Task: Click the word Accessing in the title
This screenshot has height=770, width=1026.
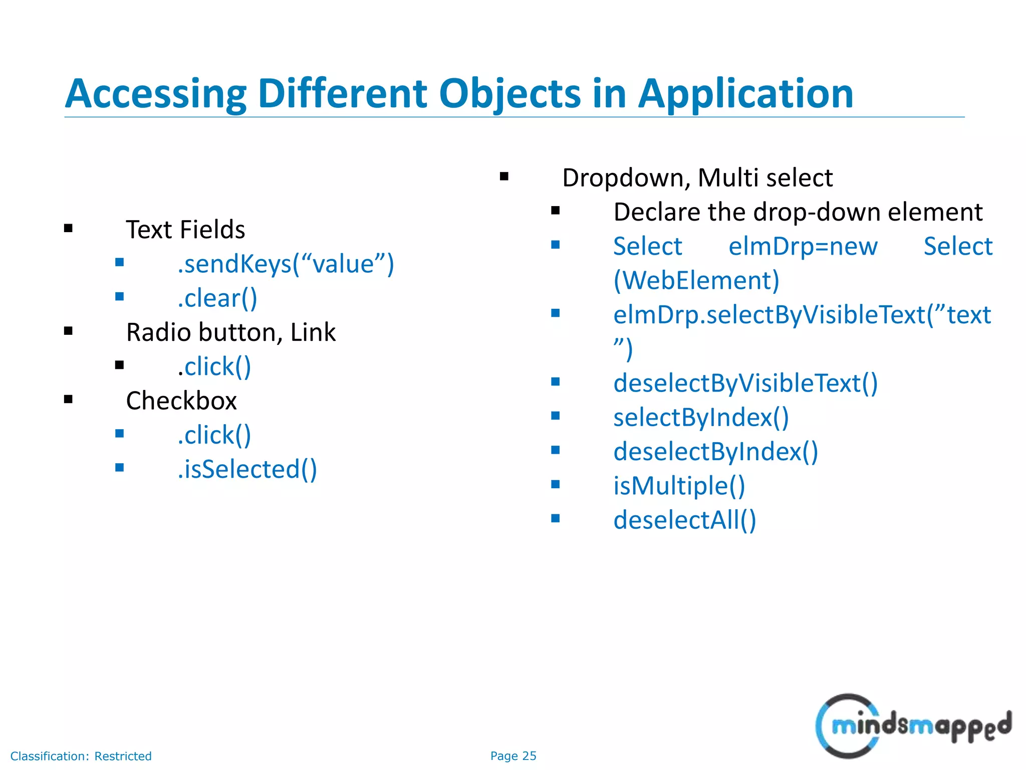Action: (x=156, y=94)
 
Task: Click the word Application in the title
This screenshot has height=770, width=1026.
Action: (x=745, y=94)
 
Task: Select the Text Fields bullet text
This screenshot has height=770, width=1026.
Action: (x=185, y=230)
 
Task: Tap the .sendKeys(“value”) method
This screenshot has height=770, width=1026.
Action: (x=286, y=264)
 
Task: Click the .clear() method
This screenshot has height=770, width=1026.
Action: (x=217, y=299)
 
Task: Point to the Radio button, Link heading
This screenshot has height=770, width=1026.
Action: (x=230, y=332)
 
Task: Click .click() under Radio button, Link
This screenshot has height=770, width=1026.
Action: (x=214, y=367)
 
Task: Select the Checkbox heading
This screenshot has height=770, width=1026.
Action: (x=181, y=401)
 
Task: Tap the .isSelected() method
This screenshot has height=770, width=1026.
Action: (x=247, y=470)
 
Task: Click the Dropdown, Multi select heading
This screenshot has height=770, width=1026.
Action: (x=697, y=178)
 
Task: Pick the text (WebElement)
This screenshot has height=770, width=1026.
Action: (x=696, y=281)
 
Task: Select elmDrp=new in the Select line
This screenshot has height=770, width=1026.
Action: (x=803, y=247)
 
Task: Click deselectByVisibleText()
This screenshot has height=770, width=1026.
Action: (x=745, y=383)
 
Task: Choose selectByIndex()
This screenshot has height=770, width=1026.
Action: (x=701, y=418)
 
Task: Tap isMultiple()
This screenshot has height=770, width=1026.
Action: (x=679, y=486)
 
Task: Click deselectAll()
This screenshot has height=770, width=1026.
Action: (x=684, y=520)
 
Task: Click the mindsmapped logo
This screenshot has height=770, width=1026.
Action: (x=913, y=726)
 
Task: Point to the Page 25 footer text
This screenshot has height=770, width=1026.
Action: (x=513, y=756)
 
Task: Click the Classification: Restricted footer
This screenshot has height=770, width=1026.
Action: (x=81, y=756)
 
